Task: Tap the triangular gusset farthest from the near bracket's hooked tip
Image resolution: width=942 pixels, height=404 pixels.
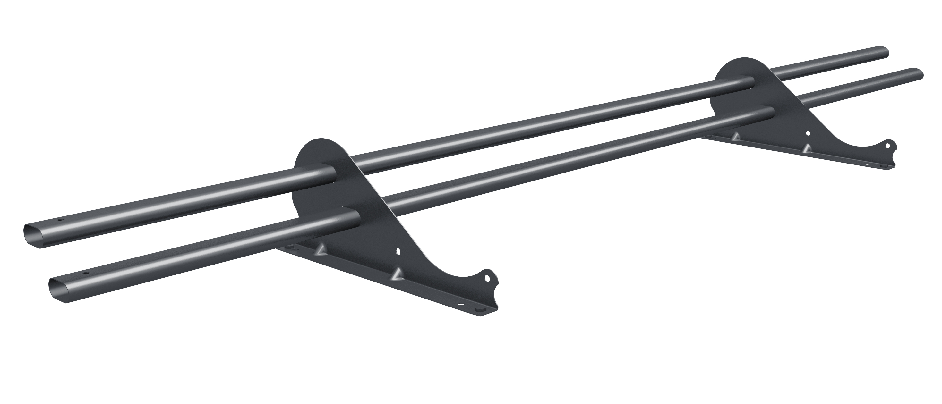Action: pos(321,249)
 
